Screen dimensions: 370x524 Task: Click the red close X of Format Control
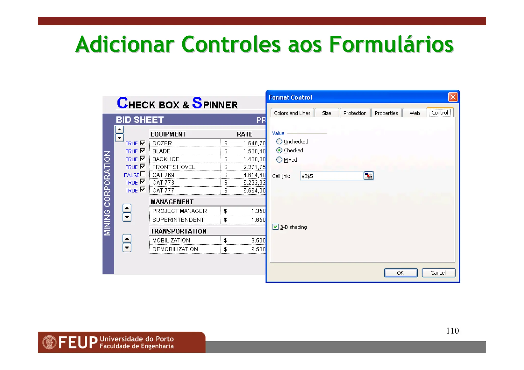[x=453, y=97]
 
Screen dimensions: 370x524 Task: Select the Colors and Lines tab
[x=292, y=113]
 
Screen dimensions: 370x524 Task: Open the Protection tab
[x=355, y=113]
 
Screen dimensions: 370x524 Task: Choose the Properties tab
[x=386, y=113]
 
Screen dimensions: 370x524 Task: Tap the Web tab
[x=414, y=113]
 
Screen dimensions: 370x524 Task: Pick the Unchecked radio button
[x=279, y=141]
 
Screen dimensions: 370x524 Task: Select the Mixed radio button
[x=279, y=160]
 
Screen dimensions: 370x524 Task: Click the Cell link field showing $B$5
[x=331, y=176]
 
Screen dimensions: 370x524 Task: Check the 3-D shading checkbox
[x=276, y=227]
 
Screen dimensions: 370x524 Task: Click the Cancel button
[x=438, y=273]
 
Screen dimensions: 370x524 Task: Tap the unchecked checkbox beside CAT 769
[x=143, y=174]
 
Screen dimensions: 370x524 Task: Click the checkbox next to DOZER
[x=143, y=143]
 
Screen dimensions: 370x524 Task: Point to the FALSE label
[x=132, y=175]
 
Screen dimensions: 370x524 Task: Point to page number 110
[x=452, y=331]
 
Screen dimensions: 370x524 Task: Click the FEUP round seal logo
[x=49, y=342]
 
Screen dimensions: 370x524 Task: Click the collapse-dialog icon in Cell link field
[x=368, y=176]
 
